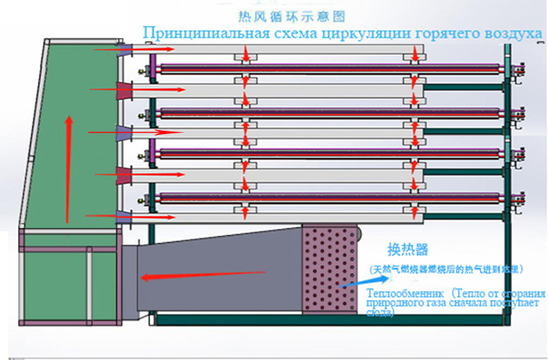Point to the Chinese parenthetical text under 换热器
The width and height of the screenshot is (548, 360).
point(447,268)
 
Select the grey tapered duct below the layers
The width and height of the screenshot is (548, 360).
point(219,270)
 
